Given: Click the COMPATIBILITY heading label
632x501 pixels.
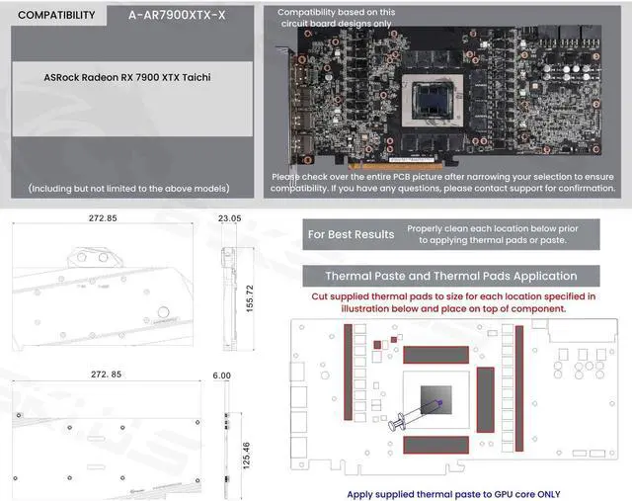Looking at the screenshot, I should pos(56,15).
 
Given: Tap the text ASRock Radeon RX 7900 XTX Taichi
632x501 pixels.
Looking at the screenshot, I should pos(128,75).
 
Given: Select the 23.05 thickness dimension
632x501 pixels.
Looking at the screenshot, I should pos(229,216).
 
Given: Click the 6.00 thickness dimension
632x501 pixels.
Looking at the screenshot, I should pos(220,376).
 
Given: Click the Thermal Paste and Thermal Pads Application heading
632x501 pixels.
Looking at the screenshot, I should pos(450,276).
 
